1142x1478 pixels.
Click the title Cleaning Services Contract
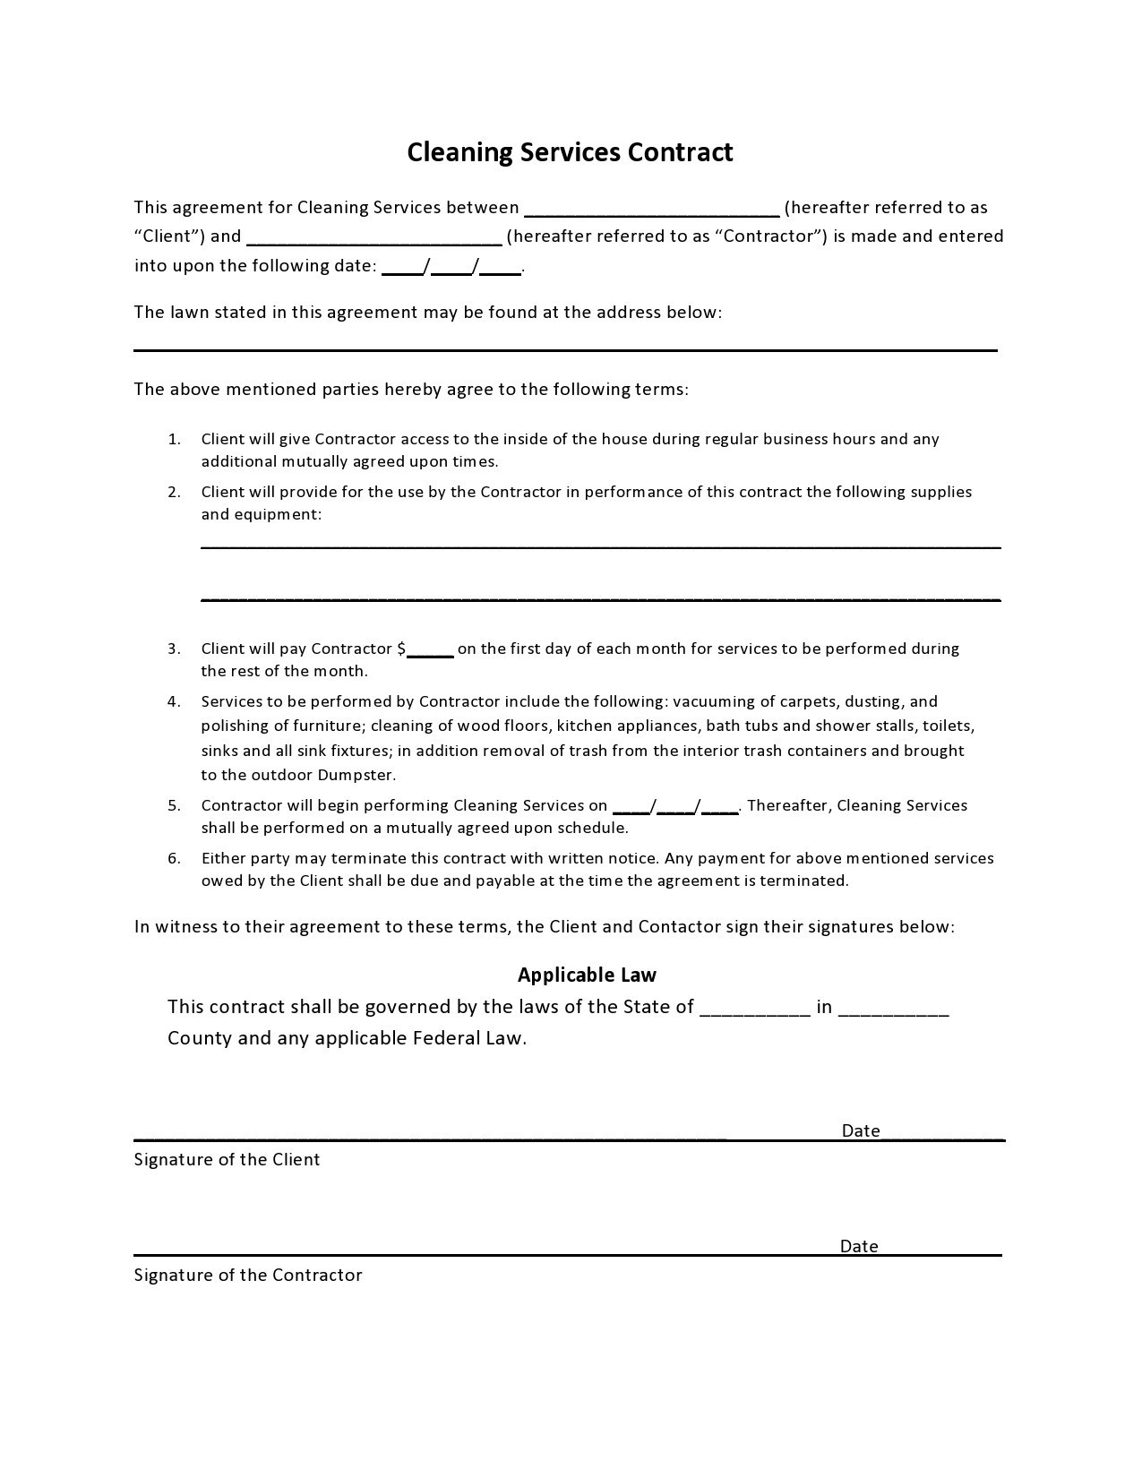pos(570,152)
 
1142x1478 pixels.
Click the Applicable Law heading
pos(587,975)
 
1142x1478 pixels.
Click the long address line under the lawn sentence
pos(565,349)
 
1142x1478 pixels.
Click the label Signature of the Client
pos(227,1159)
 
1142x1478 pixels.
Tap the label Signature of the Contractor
pos(248,1275)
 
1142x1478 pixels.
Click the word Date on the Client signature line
pos(860,1130)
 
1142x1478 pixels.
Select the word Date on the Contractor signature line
pos(858,1246)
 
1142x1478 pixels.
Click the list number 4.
pos(174,701)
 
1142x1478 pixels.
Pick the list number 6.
pos(174,858)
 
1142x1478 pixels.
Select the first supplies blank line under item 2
pos(600,546)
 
